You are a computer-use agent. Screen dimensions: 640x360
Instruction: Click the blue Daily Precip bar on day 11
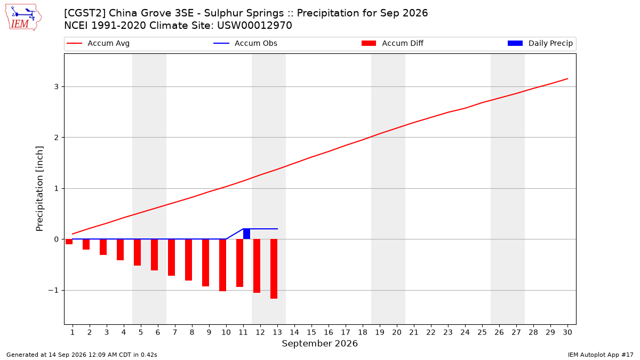coord(246,234)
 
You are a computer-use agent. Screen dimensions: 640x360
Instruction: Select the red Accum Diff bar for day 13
coord(274,269)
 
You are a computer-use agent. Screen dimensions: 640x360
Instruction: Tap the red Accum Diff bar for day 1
coord(69,242)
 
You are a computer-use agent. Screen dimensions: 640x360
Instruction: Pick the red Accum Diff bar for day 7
coord(171,258)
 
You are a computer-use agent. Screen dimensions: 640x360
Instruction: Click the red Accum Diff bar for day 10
coord(222,265)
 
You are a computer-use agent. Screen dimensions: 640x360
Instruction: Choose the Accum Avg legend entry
coord(98,43)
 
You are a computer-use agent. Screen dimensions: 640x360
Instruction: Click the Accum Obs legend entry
coord(245,43)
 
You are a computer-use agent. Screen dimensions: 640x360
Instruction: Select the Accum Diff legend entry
coord(393,43)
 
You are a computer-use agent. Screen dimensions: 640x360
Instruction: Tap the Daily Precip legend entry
coord(540,43)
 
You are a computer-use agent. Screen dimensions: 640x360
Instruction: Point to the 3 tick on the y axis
coord(57,86)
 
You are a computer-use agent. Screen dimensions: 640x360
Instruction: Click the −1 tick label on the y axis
coord(53,290)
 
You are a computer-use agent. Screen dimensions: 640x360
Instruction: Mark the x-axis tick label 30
coord(567,332)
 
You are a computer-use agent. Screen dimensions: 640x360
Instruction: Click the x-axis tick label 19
coord(380,332)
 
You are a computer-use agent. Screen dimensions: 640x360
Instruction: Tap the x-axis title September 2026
coord(319,343)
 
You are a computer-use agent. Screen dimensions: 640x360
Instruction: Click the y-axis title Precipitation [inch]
coord(39,189)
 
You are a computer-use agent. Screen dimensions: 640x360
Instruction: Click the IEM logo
coord(23,18)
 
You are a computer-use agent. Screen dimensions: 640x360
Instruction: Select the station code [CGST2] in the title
coord(85,13)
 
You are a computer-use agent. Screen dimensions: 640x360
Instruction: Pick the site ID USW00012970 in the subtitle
coord(254,26)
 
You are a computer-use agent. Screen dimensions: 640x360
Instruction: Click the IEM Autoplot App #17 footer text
coord(601,355)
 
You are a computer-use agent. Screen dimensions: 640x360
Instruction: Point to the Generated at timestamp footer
coord(82,355)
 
